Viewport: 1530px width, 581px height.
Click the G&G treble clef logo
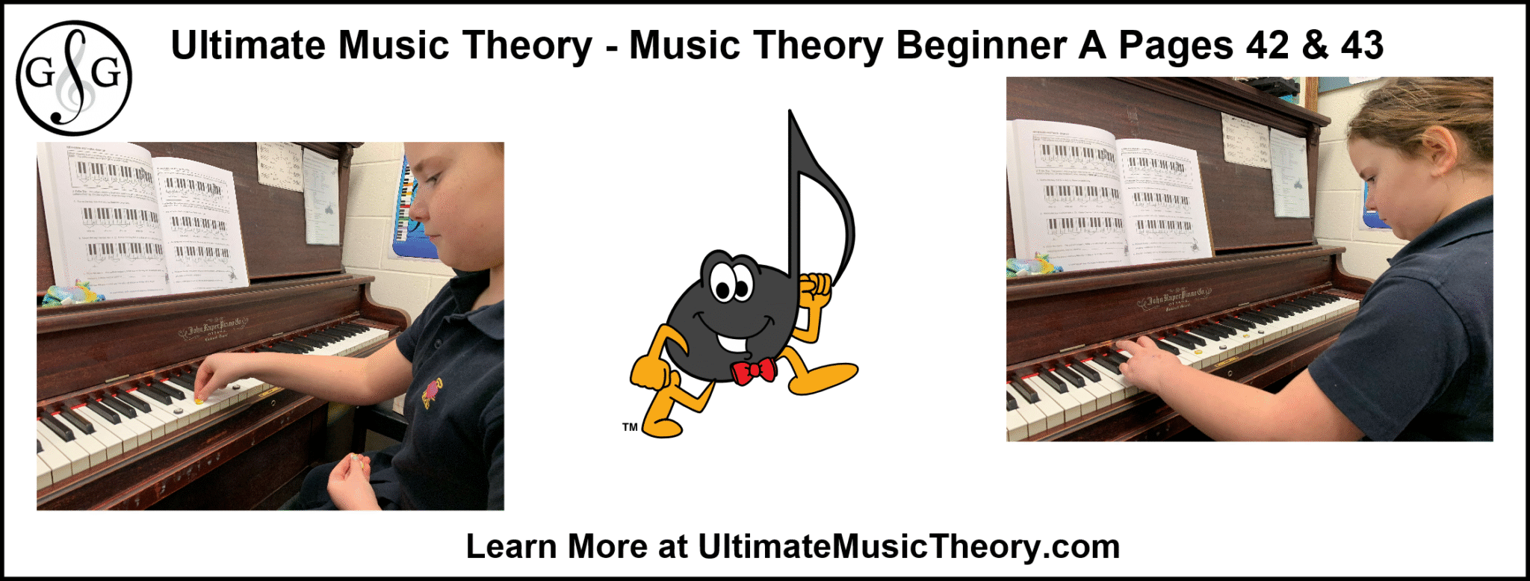point(74,77)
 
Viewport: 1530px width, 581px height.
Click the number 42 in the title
point(1267,46)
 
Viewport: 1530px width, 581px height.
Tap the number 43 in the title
point(1362,46)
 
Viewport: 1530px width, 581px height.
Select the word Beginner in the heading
point(981,46)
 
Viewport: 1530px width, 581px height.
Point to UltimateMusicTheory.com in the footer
point(908,547)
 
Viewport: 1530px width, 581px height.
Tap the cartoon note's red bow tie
point(753,371)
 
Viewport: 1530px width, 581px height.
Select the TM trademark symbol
point(630,427)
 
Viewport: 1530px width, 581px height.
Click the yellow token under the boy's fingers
point(199,401)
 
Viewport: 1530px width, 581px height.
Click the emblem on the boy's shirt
point(433,392)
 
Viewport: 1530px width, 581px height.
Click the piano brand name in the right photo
point(1173,299)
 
